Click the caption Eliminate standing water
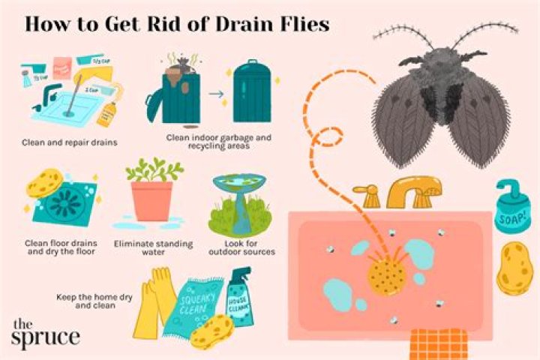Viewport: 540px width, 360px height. (x=152, y=247)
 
